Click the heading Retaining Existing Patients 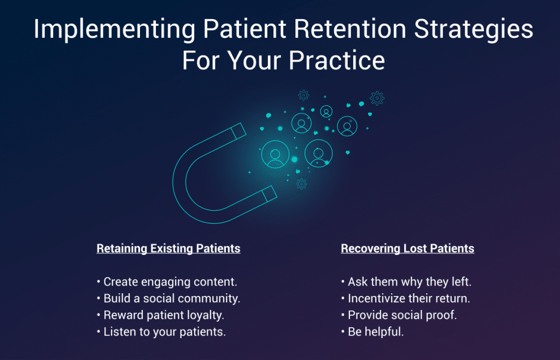click(168, 248)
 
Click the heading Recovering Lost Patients click(407, 248)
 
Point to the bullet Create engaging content click(170, 282)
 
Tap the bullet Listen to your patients click(164, 332)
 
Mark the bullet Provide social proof click(402, 315)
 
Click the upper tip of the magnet click(239, 131)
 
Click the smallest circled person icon click(326, 111)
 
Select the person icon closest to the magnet click(275, 155)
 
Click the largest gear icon click(377, 98)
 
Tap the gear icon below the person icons click(301, 184)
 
